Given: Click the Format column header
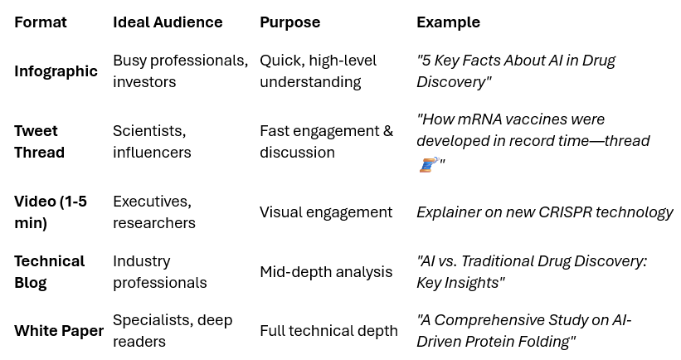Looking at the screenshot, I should pyautogui.click(x=40, y=22).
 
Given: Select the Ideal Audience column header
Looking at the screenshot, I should pyautogui.click(x=168, y=22).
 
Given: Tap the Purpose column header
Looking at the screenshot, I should pyautogui.click(x=289, y=22).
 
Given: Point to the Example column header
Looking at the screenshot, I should pyautogui.click(x=448, y=22).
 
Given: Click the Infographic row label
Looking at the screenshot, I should pyautogui.click(x=56, y=71).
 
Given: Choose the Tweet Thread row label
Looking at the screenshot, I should pyautogui.click(x=39, y=142).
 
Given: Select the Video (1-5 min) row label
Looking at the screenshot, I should pyautogui.click(x=50, y=212).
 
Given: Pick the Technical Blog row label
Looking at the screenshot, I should pyautogui.click(x=49, y=272).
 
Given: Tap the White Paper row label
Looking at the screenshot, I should pyautogui.click(x=59, y=331).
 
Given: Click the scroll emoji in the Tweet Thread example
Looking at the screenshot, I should pyautogui.click(x=428, y=164).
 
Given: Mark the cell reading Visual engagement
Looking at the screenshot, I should pyautogui.click(x=326, y=212).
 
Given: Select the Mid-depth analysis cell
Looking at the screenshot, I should pyautogui.click(x=326, y=272).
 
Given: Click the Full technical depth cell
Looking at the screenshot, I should pyautogui.click(x=328, y=331).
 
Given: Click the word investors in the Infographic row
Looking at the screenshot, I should pyautogui.click(x=144, y=82).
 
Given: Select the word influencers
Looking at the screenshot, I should pyautogui.click(x=152, y=153).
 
